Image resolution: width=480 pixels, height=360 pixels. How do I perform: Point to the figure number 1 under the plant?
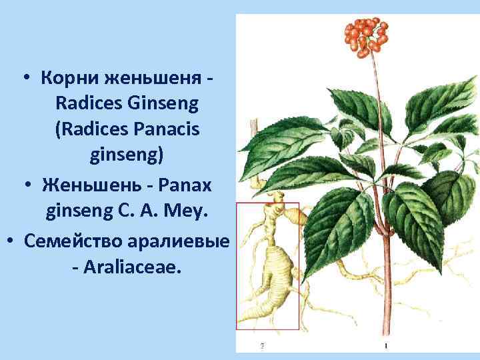(386, 345)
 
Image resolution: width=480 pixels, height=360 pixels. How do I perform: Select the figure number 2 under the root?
(262, 345)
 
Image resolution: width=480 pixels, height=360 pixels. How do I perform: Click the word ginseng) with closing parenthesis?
(126, 155)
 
